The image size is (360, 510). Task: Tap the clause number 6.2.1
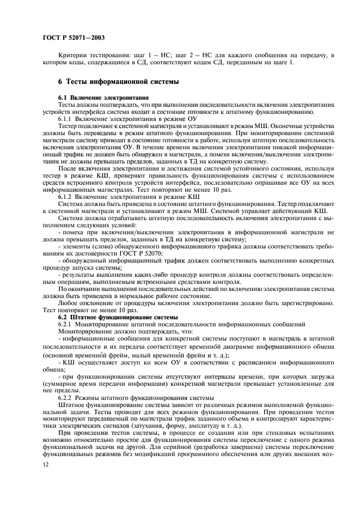click(66, 309)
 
